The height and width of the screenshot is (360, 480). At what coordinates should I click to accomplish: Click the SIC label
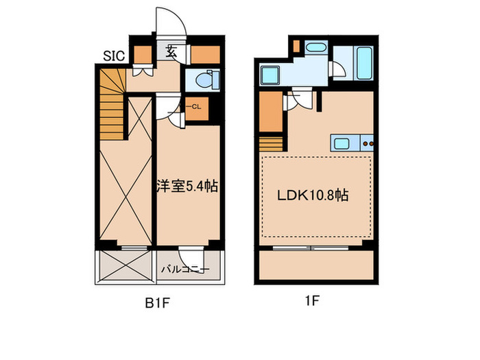113,56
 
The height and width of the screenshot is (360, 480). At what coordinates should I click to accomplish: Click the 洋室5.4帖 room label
187,186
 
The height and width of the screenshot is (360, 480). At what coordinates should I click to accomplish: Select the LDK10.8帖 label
313,195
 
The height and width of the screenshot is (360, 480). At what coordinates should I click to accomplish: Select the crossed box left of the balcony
124,266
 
